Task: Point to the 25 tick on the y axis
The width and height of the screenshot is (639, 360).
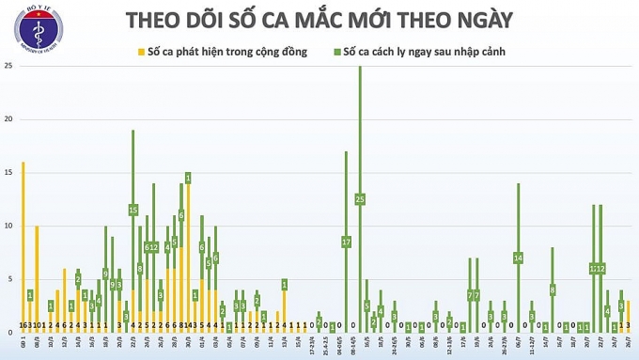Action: point(8,66)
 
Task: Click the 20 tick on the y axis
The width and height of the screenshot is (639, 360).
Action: point(8,119)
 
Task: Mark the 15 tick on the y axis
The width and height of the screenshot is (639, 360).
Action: point(8,173)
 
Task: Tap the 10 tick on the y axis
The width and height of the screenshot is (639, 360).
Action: point(8,227)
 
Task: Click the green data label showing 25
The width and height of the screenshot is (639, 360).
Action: point(360,199)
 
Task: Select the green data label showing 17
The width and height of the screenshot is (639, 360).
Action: point(346,242)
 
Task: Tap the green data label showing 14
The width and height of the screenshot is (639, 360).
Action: point(518,258)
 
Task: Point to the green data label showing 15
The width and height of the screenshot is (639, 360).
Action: point(133,210)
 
